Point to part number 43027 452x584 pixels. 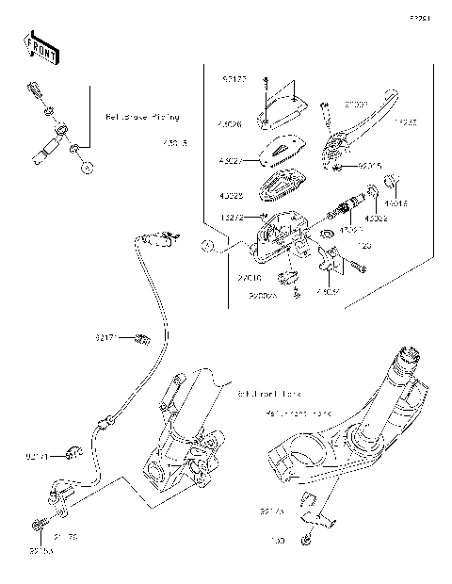(231, 161)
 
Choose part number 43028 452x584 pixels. (231, 197)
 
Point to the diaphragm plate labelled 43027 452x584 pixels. (280, 150)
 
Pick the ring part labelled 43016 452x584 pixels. (397, 183)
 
